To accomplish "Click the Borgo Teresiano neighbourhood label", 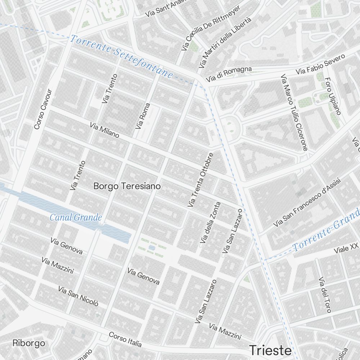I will pyautogui.click(x=127, y=186).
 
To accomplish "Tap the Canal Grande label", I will pyautogui.click(x=76, y=217).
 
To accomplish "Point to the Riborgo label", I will pyautogui.click(x=29, y=343).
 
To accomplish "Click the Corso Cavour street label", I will pyautogui.click(x=43, y=109).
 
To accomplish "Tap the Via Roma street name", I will pyautogui.click(x=143, y=116).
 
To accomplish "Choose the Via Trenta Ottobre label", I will pyautogui.click(x=201, y=180).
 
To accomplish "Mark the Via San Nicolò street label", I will pyautogui.click(x=78, y=296).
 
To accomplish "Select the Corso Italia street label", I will pyautogui.click(x=125, y=339).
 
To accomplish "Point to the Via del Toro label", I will pyautogui.click(x=325, y=294).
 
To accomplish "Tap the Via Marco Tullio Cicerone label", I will pyautogui.click(x=294, y=112).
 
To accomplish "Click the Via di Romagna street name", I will pyautogui.click(x=229, y=74).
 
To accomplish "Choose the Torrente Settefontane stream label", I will pyautogui.click(x=122, y=56).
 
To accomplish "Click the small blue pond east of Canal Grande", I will pyautogui.click(x=152, y=248).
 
